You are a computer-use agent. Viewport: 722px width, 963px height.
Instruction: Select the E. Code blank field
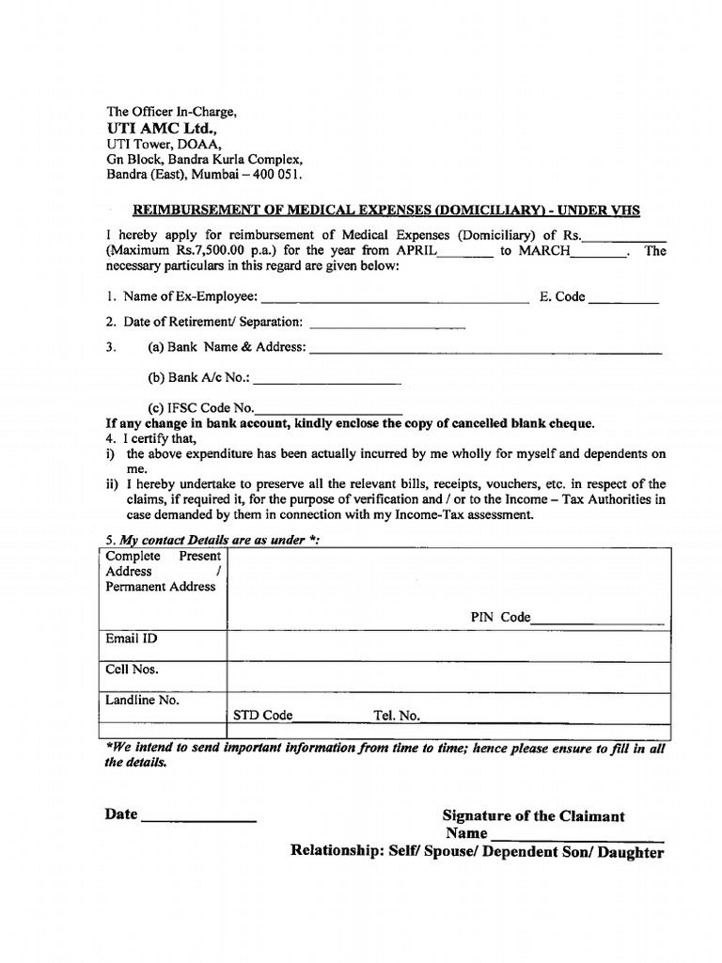624,299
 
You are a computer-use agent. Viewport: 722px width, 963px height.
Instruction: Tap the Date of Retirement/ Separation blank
387,323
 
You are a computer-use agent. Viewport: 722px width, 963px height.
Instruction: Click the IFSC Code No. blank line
329,410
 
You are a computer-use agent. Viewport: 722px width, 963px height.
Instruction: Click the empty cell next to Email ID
448,646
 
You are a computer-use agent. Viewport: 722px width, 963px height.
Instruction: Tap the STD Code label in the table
263,716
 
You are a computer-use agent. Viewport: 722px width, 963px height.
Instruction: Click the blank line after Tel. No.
545,718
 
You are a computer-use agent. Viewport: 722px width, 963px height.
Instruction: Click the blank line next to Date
198,818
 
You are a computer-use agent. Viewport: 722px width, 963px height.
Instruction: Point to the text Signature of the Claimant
533,816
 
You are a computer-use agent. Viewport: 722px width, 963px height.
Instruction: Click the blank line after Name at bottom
577,836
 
